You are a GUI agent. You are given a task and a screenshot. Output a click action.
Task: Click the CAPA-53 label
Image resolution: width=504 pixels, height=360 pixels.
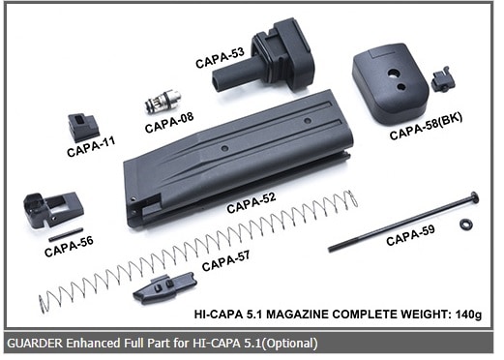click(x=220, y=57)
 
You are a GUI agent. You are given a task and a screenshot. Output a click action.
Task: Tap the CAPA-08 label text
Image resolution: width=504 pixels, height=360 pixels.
click(x=169, y=123)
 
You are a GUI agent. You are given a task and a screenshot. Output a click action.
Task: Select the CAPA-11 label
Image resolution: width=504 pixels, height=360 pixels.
click(x=91, y=146)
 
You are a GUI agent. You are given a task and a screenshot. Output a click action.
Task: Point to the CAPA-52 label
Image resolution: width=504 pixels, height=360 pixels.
click(x=252, y=202)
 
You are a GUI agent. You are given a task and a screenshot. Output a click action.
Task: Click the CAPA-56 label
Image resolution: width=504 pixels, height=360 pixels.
click(x=69, y=247)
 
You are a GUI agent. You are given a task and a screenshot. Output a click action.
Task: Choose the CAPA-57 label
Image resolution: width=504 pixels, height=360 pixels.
click(x=225, y=261)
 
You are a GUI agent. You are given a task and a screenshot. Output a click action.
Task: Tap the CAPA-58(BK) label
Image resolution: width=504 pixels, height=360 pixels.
click(x=426, y=127)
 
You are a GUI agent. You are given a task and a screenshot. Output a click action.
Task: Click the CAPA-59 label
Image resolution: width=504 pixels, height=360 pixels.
click(x=410, y=235)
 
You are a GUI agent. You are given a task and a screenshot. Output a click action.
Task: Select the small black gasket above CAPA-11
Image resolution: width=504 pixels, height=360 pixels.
click(x=83, y=128)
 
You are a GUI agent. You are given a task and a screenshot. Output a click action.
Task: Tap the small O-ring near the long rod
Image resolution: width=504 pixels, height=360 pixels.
click(x=464, y=224)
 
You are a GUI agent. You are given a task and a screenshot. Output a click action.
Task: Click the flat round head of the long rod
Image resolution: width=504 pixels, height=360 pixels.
click(x=475, y=196)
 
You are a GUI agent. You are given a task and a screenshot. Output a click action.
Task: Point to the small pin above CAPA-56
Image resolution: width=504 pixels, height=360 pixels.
click(x=66, y=234)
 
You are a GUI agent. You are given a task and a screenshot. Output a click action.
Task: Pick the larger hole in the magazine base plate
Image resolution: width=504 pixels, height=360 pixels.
click(x=394, y=74)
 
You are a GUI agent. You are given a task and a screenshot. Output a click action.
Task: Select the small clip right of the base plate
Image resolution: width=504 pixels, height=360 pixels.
click(x=442, y=79)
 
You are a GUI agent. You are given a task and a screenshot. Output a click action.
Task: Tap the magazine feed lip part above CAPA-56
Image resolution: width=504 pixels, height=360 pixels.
click(x=53, y=210)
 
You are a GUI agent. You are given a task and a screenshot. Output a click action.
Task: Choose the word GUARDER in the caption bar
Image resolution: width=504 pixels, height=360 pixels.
click(x=35, y=343)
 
